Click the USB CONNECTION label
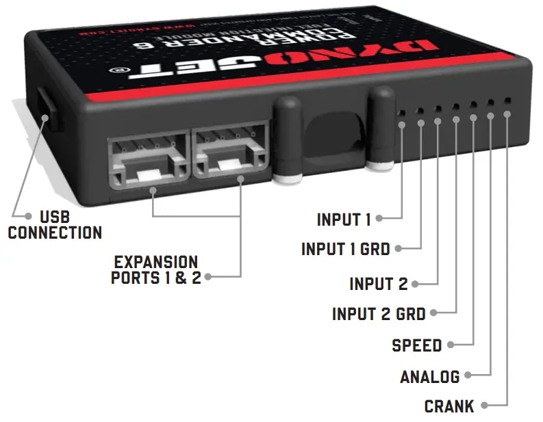pyautogui.click(x=55, y=225)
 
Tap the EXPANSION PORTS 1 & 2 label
pyautogui.click(x=155, y=270)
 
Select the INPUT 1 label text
pyautogui.click(x=343, y=220)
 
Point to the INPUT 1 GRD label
pyautogui.click(x=345, y=249)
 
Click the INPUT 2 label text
pyautogui.click(x=378, y=283)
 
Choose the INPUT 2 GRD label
pyautogui.click(x=379, y=314)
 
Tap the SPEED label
pyautogui.click(x=416, y=345)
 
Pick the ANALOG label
pyautogui.click(x=429, y=376)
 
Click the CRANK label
pyautogui.click(x=449, y=406)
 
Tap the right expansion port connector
pyautogui.click(x=232, y=153)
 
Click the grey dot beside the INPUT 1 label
pyautogui.click(x=379, y=219)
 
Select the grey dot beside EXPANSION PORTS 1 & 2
pyautogui.click(x=207, y=277)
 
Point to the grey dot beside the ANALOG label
pyautogui.click(x=468, y=375)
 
